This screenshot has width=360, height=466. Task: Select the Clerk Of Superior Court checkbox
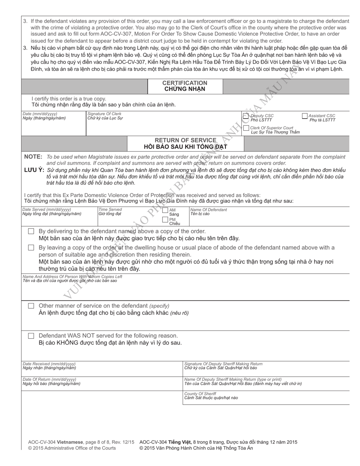[x=246, y=128]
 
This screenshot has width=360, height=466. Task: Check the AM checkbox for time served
[x=165, y=211]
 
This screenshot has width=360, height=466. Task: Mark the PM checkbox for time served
[x=165, y=219]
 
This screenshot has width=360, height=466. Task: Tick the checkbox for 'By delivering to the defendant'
[x=31, y=231]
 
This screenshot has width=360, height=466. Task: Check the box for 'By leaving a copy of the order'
[x=31, y=247]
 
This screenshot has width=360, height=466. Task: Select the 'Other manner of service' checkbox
[x=31, y=306]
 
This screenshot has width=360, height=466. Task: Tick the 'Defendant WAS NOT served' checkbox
[x=31, y=336]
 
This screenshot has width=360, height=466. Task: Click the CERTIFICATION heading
[x=185, y=83]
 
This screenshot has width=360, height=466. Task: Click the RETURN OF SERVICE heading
[x=185, y=140]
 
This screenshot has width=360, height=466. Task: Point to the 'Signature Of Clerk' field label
[x=104, y=114]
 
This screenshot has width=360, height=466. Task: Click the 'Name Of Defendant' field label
[x=208, y=210]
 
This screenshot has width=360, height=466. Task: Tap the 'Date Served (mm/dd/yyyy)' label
[x=47, y=210]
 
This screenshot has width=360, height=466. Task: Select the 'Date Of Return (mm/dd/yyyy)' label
[x=49, y=379]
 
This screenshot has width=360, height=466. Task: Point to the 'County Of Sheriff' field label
[x=200, y=394]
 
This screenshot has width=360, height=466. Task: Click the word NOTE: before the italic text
[x=33, y=157]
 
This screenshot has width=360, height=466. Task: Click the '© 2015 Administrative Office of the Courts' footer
[x=72, y=448]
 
